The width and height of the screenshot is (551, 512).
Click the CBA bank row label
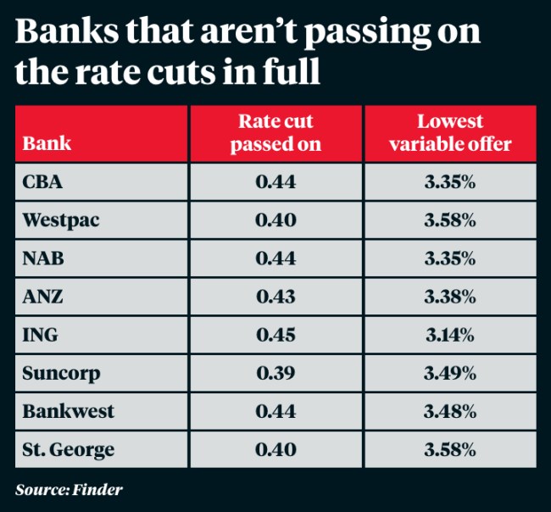point(43,182)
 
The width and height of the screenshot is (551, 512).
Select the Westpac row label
point(60,220)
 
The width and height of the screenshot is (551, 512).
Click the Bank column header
point(47,143)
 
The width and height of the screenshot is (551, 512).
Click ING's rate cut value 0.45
point(275,335)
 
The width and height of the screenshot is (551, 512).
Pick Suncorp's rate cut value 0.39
point(275,374)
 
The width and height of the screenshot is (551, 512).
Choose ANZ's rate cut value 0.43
point(275,297)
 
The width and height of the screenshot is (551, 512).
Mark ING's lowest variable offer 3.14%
point(450,335)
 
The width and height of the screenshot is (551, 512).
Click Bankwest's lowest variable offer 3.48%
point(450,412)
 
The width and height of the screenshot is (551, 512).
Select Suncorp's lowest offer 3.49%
point(450,374)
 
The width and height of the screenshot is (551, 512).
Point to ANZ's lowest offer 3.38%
point(450,297)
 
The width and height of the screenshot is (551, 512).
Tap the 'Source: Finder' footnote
point(69,490)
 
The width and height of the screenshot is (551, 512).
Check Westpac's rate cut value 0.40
point(275,220)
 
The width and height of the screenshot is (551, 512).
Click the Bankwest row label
point(68,412)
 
